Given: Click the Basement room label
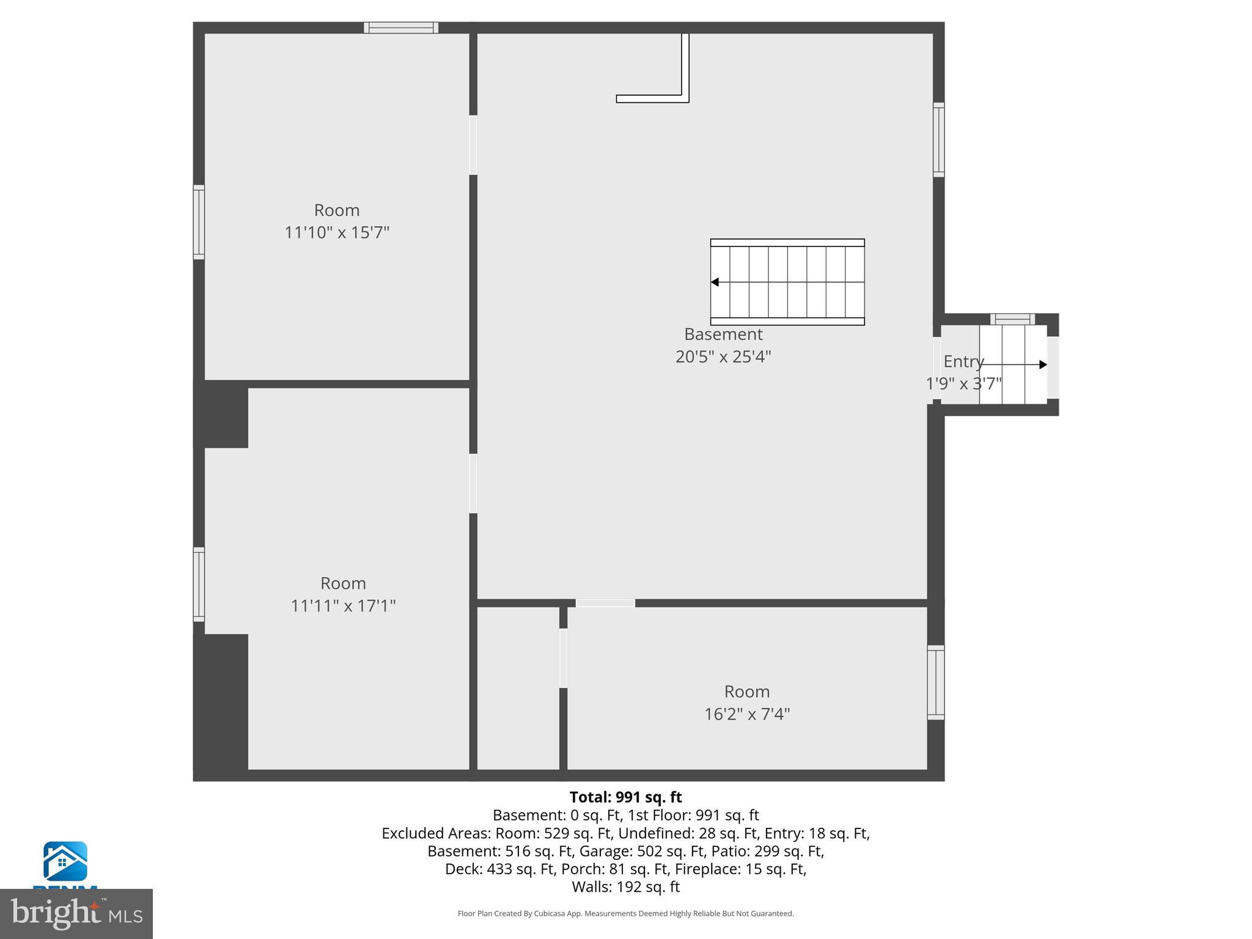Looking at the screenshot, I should click(x=723, y=334).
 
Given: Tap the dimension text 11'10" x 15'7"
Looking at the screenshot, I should click(x=337, y=233).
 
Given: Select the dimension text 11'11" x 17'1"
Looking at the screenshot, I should click(x=343, y=606).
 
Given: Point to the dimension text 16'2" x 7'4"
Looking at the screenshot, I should click(x=747, y=714).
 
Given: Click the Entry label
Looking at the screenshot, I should click(x=963, y=361).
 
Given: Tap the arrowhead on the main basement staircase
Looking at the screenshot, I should click(x=715, y=282).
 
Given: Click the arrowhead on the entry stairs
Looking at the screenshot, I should click(x=1043, y=365).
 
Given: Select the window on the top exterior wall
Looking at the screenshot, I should click(x=401, y=28).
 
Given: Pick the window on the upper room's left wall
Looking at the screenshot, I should click(x=199, y=222).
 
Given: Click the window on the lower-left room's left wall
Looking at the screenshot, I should click(x=199, y=584).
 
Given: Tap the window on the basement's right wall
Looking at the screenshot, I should click(x=938, y=140).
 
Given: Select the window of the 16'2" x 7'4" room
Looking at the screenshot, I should click(x=935, y=682).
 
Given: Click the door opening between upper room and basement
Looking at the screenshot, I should click(x=473, y=145).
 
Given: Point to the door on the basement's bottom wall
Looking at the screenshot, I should click(x=605, y=603).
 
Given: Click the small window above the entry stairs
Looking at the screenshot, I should click(x=1012, y=319).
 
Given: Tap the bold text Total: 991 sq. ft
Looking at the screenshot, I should click(x=625, y=797).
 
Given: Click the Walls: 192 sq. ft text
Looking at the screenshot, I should click(x=625, y=886).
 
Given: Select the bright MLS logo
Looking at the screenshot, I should click(x=76, y=913).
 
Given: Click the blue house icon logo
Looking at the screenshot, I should click(x=65, y=861).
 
